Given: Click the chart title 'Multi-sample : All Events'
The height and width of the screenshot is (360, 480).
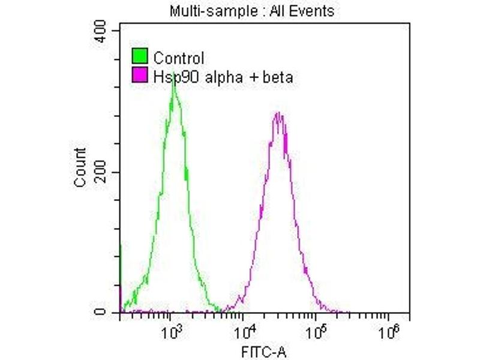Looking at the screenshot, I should pos(252,11).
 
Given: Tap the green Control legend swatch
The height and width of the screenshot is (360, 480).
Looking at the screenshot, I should pos(139,58).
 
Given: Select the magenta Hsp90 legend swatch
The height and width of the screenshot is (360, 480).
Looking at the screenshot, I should pos(139,76).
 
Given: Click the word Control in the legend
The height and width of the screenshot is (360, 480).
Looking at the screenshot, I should pos(179,58).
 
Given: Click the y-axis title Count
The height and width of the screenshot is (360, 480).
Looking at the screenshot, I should pos(80,167).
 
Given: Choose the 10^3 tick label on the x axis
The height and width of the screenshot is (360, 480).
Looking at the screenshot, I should pos(172,331).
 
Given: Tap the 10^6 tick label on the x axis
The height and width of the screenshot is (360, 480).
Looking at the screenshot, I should pos(391,331).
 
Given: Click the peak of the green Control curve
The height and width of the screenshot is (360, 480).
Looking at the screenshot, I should pos(174,79).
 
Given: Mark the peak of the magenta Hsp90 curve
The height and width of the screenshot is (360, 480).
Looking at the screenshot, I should pos(278,113).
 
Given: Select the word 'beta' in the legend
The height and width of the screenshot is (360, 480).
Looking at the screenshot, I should pos(278,76).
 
